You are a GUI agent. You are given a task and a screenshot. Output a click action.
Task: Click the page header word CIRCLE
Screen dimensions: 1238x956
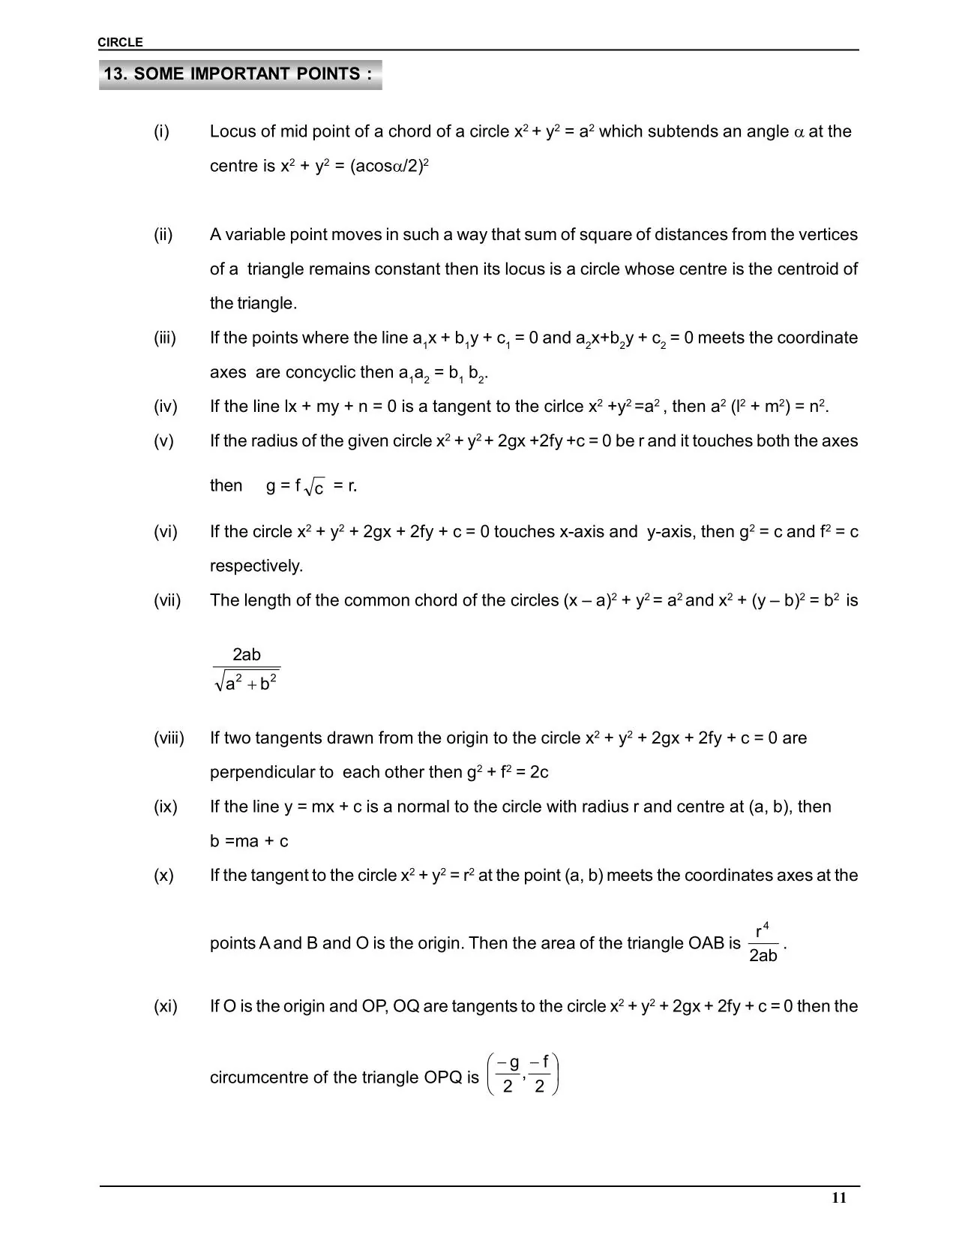(x=120, y=43)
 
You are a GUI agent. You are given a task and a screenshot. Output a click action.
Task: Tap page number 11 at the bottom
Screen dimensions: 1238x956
(x=839, y=1197)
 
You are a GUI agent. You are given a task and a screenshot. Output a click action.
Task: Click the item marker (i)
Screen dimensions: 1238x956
(x=162, y=132)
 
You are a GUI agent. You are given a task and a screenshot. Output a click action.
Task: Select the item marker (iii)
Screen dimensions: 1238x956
(x=165, y=338)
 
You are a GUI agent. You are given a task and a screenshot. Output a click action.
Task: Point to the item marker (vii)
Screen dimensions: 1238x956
(x=167, y=601)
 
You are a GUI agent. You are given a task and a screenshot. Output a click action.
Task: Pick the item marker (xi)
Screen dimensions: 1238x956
(x=166, y=1007)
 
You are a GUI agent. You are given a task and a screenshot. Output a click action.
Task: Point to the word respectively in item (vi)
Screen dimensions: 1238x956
(x=256, y=566)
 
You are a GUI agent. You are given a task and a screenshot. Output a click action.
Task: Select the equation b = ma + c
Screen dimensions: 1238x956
(x=249, y=842)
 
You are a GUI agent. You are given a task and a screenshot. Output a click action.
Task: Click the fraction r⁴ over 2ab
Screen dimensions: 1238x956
(x=763, y=944)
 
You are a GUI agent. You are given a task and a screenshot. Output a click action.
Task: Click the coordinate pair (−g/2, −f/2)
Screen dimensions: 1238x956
(x=523, y=1075)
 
